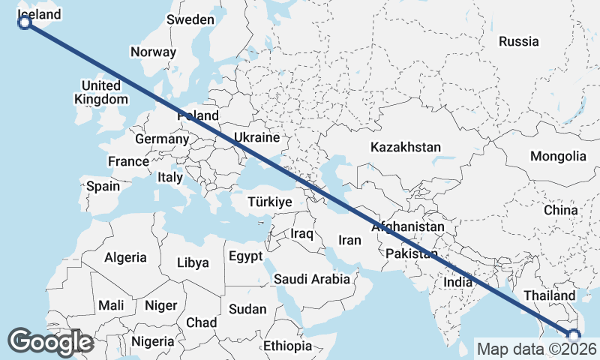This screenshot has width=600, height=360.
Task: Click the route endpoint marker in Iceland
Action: (24, 22)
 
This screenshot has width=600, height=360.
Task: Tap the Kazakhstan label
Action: (406, 148)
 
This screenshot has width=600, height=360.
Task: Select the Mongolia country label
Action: (558, 157)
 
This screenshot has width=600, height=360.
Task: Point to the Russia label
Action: (518, 41)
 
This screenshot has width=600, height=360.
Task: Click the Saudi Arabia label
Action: (312, 280)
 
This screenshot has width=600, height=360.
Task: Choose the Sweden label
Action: (190, 19)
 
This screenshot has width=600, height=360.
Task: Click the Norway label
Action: (153, 52)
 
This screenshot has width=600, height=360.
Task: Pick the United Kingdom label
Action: (101, 92)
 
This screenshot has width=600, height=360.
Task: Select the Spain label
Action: (103, 186)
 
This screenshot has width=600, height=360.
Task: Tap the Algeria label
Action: (125, 257)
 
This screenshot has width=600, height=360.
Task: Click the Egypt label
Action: (245, 256)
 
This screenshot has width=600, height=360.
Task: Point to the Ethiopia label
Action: (287, 346)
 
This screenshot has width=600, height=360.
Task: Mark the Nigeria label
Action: (152, 341)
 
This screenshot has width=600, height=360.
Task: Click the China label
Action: (561, 210)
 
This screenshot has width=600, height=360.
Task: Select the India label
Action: (457, 282)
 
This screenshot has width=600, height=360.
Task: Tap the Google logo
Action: (50, 342)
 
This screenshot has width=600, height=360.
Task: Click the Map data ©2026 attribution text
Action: (537, 349)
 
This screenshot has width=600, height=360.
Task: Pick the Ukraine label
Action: (256, 138)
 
